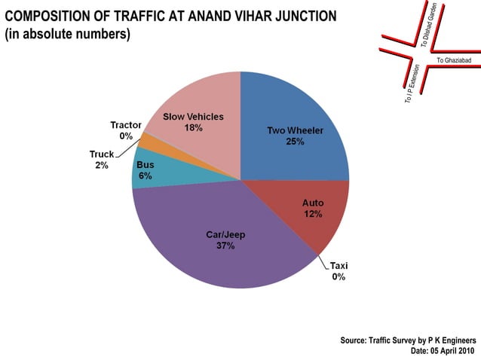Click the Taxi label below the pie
click(339, 266)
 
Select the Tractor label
click(126, 125)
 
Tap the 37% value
click(225, 246)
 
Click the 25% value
click(295, 142)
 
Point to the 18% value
click(193, 128)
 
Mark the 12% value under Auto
click(313, 215)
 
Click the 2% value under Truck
click(101, 165)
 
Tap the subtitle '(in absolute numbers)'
click(68, 35)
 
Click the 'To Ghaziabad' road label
click(452, 59)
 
